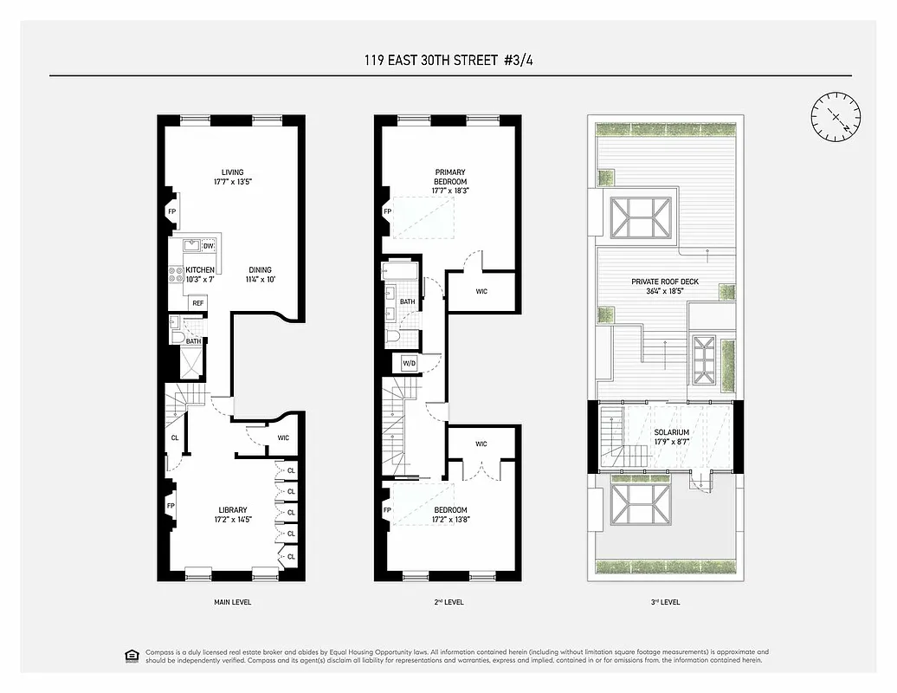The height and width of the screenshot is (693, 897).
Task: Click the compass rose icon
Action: coord(836,116)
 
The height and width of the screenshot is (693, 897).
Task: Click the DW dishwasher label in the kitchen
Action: coord(208,247)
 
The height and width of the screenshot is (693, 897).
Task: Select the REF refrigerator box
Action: coord(198,303)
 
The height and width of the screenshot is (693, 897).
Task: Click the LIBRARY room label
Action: coord(233,509)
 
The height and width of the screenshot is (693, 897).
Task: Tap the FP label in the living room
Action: coord(171,211)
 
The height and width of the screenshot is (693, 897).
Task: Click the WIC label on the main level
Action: coord(283,437)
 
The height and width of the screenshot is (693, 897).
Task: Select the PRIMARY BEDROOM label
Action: coord(449,177)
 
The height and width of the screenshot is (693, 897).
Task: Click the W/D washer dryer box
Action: coord(408,362)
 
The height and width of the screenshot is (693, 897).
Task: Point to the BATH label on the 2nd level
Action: coord(408,301)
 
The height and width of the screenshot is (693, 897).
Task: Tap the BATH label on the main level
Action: coord(193,341)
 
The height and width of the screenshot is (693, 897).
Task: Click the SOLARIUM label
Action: coord(671,432)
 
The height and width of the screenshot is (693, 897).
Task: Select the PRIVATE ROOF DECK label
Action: coord(665,282)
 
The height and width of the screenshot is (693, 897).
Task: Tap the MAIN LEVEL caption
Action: coord(232,601)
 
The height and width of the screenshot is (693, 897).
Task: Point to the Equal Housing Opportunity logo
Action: coord(132,655)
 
